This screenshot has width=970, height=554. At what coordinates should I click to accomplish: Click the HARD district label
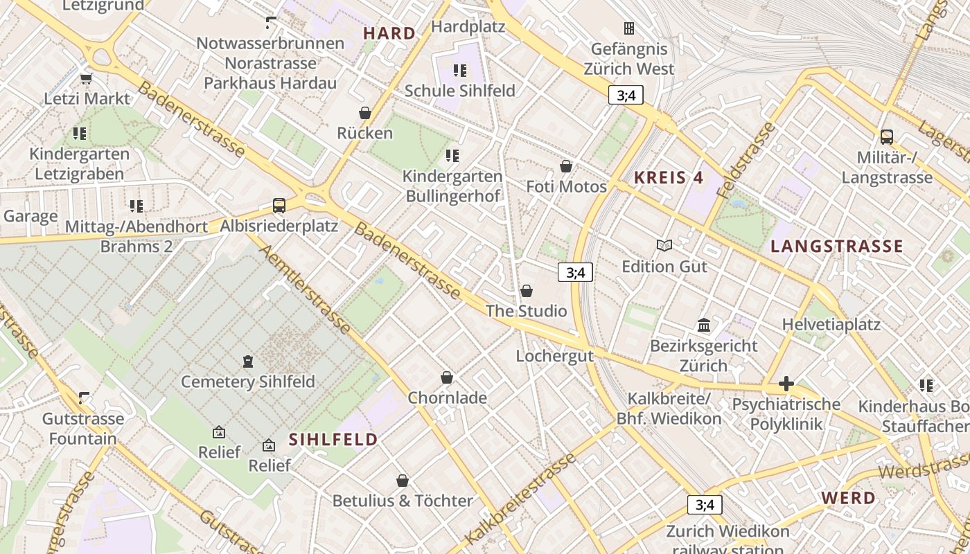[389, 33]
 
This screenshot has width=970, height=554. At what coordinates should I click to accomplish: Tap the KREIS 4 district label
[669, 177]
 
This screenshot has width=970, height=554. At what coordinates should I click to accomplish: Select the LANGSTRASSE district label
[837, 246]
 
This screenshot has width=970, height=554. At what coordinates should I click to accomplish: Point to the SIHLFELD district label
[333, 439]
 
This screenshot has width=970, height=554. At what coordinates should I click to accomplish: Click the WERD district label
[849, 497]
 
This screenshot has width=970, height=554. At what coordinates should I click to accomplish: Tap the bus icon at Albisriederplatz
[279, 206]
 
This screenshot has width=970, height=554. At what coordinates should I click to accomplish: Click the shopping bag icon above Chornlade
[447, 377]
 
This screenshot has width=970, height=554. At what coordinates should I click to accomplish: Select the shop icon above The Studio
[527, 291]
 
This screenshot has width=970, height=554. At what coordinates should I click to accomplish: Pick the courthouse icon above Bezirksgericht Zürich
[704, 325]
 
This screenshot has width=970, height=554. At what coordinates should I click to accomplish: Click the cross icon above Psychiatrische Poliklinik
[786, 383]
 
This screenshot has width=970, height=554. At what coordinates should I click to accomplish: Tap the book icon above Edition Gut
[664, 245]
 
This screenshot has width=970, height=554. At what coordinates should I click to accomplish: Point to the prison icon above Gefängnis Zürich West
[629, 28]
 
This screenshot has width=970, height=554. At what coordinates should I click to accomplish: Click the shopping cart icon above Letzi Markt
[87, 78]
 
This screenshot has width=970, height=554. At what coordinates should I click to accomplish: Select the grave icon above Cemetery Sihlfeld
[248, 361]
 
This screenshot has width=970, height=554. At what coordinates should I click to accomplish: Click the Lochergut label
[555, 356]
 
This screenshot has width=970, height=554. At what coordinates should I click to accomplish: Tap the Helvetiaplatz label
[831, 324]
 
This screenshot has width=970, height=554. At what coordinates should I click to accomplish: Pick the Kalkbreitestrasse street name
[520, 499]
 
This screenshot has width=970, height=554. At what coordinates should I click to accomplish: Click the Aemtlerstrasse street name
[305, 287]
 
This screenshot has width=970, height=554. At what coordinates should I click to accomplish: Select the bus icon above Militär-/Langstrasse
[886, 136]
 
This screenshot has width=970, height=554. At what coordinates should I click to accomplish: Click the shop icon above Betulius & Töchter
[403, 481]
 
